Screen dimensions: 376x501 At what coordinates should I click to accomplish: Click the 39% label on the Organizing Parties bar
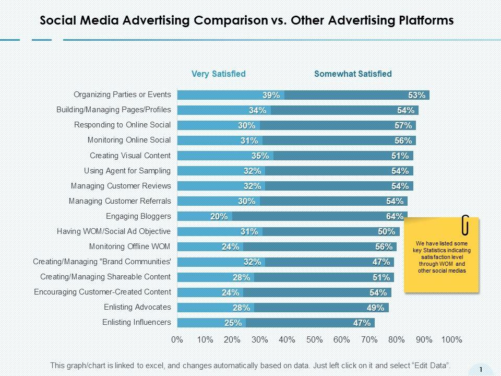tap(271, 95)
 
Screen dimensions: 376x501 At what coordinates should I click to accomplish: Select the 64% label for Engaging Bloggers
tap(395, 216)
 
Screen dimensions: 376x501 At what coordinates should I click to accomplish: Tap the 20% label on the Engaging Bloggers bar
tap(219, 216)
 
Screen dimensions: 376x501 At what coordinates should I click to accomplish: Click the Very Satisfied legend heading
tap(218, 74)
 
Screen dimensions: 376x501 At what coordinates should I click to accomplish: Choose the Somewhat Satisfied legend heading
tap(353, 74)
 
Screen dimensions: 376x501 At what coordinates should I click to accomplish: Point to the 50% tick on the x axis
tap(315, 339)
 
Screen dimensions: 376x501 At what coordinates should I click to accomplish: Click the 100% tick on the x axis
tap(451, 339)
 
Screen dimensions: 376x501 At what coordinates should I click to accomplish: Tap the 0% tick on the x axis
tap(177, 339)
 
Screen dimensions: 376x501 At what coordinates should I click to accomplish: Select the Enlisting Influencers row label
tap(137, 322)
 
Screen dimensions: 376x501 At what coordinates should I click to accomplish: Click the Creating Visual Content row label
tap(130, 156)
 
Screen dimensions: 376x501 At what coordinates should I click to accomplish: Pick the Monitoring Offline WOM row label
tap(130, 246)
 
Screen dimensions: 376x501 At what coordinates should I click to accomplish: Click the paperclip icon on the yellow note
tap(466, 225)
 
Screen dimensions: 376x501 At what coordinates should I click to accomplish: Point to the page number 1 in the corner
tap(481, 370)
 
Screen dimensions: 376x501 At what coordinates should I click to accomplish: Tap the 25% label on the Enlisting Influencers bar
tap(233, 323)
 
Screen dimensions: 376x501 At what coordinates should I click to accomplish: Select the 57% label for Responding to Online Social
tap(403, 125)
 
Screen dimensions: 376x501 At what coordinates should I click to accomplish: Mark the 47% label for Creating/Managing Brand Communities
tap(381, 262)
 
